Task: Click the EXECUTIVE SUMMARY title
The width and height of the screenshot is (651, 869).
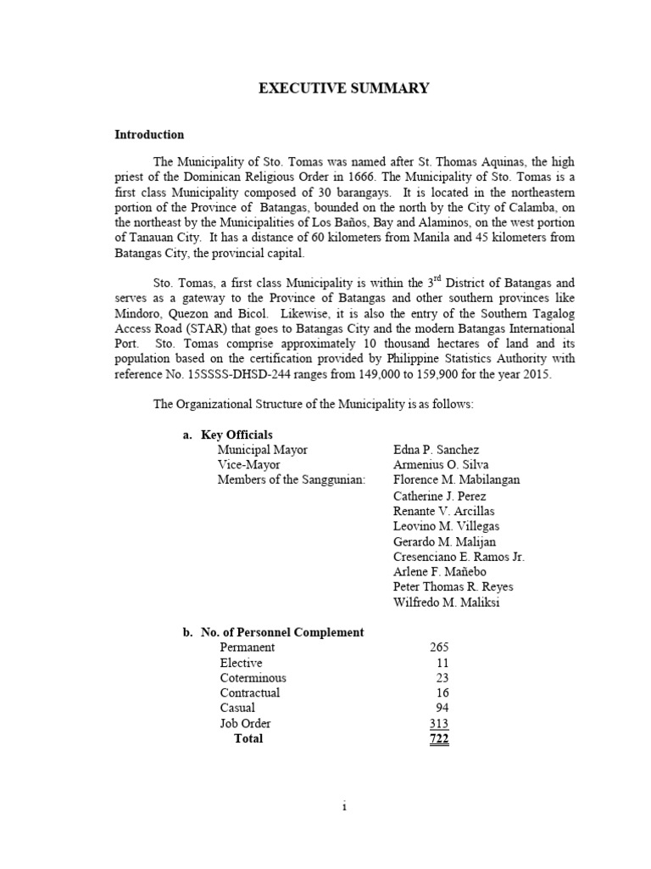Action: tap(344, 88)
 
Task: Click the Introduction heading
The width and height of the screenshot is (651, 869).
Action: tap(149, 135)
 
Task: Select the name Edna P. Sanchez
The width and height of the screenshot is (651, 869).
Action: tap(436, 450)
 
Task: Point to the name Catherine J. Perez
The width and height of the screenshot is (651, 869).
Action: tap(437, 496)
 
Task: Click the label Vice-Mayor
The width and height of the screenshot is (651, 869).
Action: tap(248, 465)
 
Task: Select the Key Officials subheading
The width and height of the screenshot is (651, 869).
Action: tap(236, 434)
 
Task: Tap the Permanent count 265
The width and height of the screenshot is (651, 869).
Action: tap(439, 648)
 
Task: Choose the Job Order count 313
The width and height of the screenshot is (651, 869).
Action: tap(439, 724)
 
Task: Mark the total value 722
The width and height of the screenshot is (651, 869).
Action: tap(439, 739)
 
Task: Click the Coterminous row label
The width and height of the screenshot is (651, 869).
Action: tap(253, 678)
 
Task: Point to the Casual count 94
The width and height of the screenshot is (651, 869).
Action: tap(442, 709)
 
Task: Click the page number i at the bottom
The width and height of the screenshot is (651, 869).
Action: tap(344, 806)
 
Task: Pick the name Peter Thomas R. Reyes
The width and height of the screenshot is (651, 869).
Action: tap(453, 587)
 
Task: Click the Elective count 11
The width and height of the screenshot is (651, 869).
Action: tap(442, 663)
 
